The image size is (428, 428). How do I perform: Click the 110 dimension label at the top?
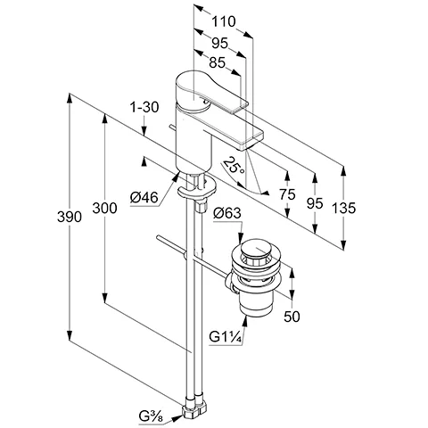tap(223, 21)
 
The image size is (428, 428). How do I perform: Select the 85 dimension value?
tap(218, 62)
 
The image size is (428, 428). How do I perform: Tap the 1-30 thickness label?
tap(144, 107)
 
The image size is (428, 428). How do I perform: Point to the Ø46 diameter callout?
tap(144, 197)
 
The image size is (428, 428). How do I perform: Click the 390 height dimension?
tap(70, 217)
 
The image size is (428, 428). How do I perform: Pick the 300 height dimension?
tap(104, 208)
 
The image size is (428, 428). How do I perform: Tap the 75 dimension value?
tap(287, 194)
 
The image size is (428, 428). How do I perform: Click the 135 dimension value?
tap(343, 208)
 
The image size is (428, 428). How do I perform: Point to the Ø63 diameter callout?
tap(227, 213)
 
